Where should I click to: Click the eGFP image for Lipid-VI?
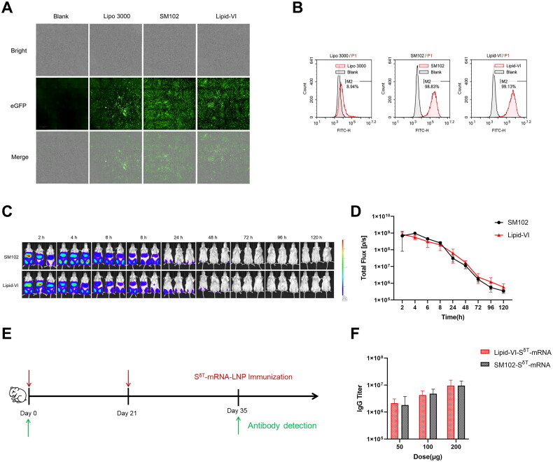(223, 104)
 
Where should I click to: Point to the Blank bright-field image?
(62, 50)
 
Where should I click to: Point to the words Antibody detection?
(287, 426)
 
